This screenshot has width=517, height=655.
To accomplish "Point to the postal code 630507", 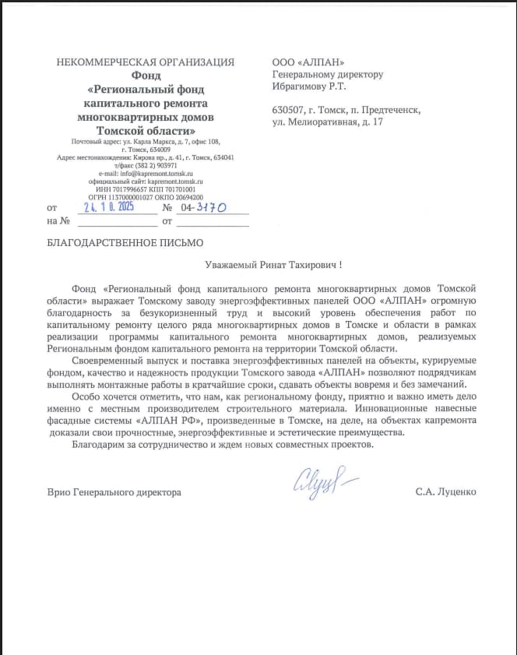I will click(289, 111).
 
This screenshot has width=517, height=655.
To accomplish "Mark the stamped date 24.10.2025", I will click(108, 208).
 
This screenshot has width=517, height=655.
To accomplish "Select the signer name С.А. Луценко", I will click(445, 492).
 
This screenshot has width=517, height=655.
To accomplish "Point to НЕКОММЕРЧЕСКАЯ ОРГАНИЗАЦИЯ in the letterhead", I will click(145, 62).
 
